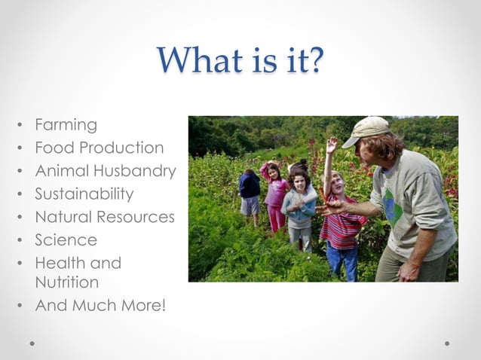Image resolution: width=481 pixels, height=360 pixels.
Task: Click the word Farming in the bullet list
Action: [x=66, y=124]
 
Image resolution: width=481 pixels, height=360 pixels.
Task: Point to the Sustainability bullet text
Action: [x=84, y=194]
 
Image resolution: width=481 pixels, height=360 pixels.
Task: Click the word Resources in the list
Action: [x=135, y=217]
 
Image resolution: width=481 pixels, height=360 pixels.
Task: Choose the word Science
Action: [x=66, y=240]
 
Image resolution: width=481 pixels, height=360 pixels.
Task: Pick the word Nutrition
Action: [x=67, y=282]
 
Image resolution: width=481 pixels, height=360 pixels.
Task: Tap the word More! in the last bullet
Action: [x=139, y=306]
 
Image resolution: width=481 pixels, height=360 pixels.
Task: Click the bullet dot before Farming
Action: [x=20, y=125]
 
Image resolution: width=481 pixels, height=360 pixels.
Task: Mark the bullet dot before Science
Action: [x=20, y=241]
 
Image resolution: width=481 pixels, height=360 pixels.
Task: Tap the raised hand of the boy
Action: [x=332, y=144]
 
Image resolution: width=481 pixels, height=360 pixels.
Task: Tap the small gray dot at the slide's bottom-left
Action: [x=32, y=343]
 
